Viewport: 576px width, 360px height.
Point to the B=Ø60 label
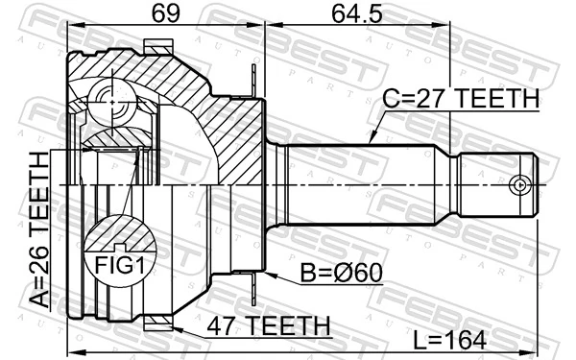tap(339, 274)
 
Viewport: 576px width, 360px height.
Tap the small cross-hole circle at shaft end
tap(520, 184)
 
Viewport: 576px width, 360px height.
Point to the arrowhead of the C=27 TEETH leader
tap(370, 143)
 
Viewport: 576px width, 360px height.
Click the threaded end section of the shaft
tap(494, 184)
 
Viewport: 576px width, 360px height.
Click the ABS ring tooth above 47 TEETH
tap(157, 325)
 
